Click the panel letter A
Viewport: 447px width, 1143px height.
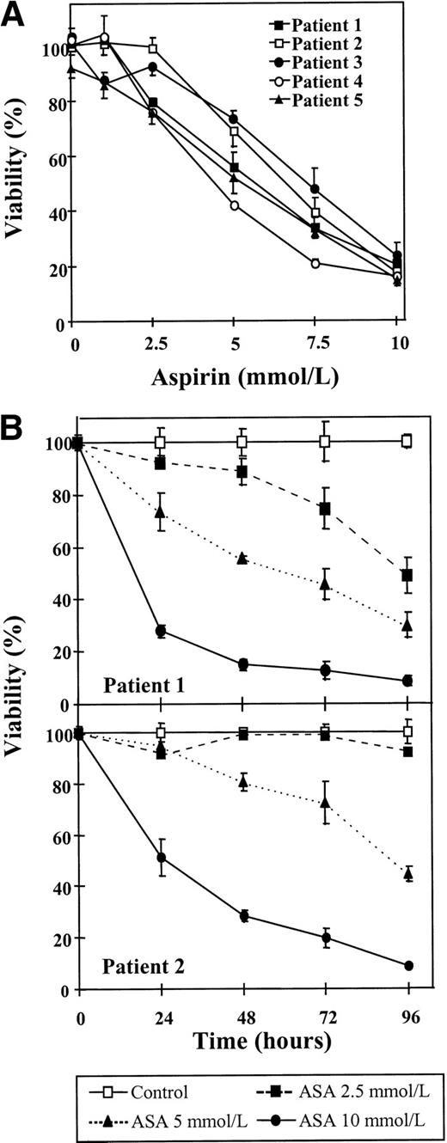point(15,16)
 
